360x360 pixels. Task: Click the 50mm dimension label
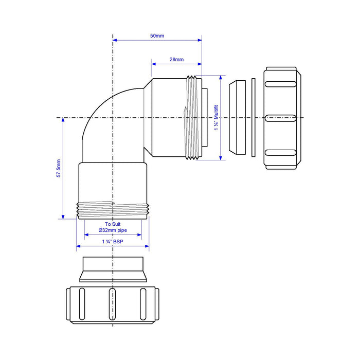(157, 36)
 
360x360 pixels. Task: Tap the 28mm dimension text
(176, 60)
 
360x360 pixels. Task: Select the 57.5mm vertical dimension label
(59, 168)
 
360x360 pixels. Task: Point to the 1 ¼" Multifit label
(217, 118)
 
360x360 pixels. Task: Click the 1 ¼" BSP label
(113, 242)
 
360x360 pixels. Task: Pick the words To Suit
(113, 224)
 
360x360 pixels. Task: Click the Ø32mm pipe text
(113, 230)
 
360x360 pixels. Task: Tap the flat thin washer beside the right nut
(254, 118)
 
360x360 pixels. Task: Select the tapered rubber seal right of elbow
(237, 117)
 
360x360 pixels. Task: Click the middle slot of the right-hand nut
(281, 118)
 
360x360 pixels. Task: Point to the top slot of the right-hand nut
(281, 84)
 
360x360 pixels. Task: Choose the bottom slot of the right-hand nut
(281, 153)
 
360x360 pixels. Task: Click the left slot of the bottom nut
(82, 304)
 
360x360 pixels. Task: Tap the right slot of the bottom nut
(143, 304)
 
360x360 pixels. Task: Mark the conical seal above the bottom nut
(113, 269)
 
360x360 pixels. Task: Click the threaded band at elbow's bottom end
(113, 210)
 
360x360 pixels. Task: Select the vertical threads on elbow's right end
(192, 117)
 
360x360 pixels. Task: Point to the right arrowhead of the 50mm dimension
(200, 40)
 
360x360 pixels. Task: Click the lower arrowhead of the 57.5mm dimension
(63, 217)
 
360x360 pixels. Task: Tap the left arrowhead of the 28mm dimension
(154, 64)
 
